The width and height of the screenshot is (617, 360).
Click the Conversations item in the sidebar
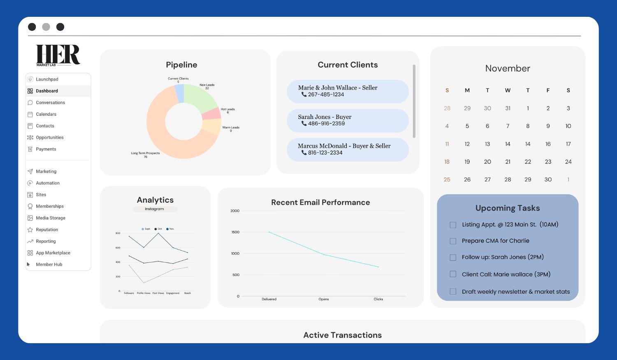pyautogui.click(x=50, y=102)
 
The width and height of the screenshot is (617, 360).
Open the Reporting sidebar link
pyautogui.click(x=46, y=241)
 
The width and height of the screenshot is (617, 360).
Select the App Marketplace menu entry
pyautogui.click(x=53, y=253)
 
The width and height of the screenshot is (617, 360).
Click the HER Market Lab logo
pyautogui.click(x=58, y=55)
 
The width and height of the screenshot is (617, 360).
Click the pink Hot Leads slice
pyautogui.click(x=212, y=114)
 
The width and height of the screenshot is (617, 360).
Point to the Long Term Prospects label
pyautogui.click(x=145, y=153)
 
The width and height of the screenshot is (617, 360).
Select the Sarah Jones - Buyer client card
pyautogui.click(x=348, y=120)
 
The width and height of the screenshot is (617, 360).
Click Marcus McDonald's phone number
pyautogui.click(x=325, y=153)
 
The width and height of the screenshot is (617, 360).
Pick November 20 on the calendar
pyautogui.click(x=487, y=162)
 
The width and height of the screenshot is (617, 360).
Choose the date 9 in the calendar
pyautogui.click(x=548, y=126)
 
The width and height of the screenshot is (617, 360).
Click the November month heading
pyautogui.click(x=508, y=68)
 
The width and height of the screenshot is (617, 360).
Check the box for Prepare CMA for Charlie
pyautogui.click(x=453, y=241)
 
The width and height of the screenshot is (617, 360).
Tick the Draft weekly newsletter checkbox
pyautogui.click(x=453, y=292)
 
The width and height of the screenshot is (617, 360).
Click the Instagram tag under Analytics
pyautogui.click(x=155, y=209)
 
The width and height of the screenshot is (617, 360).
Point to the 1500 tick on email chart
pyautogui.click(x=235, y=232)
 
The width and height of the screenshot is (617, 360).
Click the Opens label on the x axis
pyautogui.click(x=324, y=299)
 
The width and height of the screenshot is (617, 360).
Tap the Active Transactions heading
pyautogui.click(x=342, y=335)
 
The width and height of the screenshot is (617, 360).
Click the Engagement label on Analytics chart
pyautogui.click(x=173, y=293)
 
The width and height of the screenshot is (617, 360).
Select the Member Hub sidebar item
pyautogui.click(x=49, y=265)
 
